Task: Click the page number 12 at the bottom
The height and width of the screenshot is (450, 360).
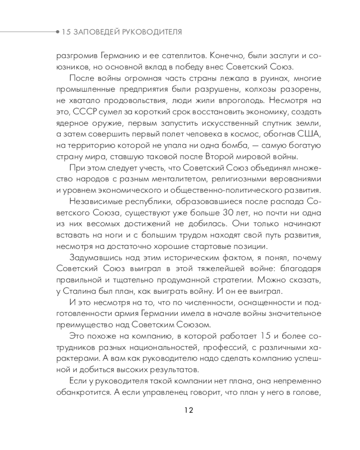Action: pos(189,410)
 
